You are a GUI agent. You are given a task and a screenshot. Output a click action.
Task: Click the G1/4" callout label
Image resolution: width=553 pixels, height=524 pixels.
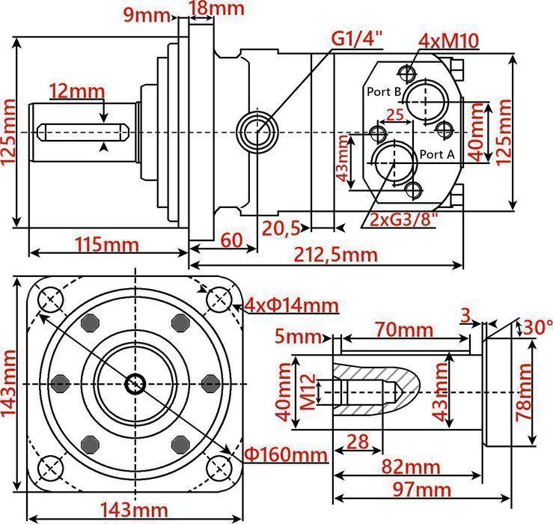[358, 37]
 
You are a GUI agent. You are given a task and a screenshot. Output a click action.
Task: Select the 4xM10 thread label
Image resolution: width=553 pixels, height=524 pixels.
[449, 40]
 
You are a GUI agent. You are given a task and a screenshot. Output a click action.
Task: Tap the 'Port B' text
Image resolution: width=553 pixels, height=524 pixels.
[385, 91]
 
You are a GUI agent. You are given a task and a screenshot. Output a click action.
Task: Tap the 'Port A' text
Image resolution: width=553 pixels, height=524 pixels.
[437, 154]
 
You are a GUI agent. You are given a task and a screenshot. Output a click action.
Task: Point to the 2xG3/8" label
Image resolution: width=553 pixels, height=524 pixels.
[404, 219]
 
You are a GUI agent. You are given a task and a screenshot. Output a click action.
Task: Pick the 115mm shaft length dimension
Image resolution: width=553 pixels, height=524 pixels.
[106, 244]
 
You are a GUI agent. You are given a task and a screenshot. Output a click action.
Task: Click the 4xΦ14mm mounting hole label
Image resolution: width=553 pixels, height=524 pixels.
[290, 305]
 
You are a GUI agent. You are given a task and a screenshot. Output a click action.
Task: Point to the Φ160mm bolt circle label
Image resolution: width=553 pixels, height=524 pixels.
[287, 454]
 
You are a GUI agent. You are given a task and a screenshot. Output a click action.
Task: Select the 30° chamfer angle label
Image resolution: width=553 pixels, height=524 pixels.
[536, 327]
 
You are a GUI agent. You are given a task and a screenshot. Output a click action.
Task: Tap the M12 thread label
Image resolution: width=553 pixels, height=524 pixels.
[304, 392]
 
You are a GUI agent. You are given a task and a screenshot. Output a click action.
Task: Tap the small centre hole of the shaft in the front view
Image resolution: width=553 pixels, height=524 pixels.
[135, 384]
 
